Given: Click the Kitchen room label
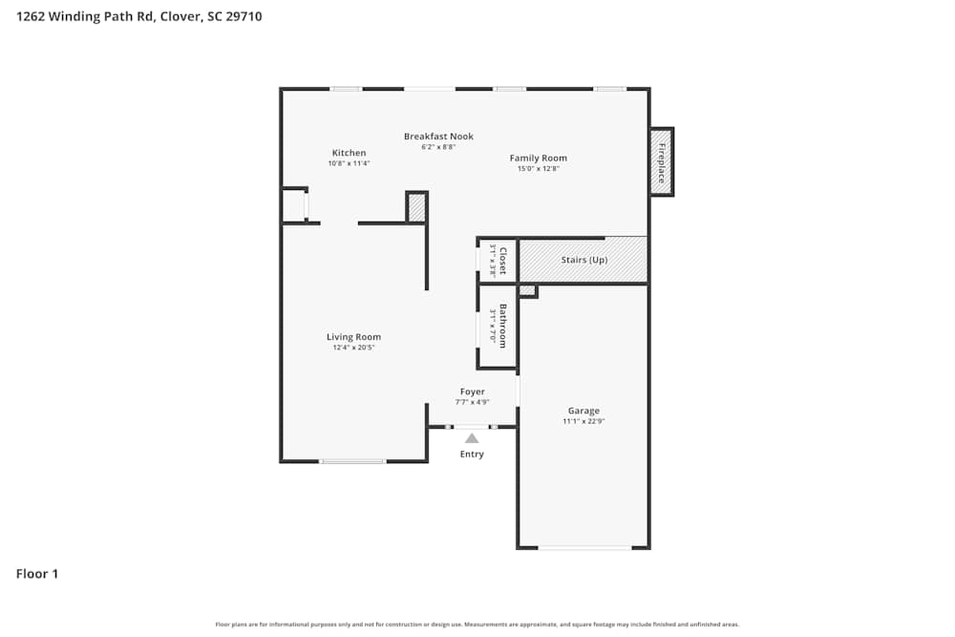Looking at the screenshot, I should click(x=349, y=153).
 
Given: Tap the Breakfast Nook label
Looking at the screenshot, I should click(x=438, y=137).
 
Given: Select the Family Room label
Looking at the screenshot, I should click(x=538, y=159).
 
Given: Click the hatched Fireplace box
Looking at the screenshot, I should click(x=661, y=162).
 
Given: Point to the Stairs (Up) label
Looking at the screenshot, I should click(x=584, y=260).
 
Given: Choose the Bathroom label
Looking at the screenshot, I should click(x=502, y=326).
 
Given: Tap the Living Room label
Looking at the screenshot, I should click(x=353, y=337).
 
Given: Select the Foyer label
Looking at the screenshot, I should click(x=472, y=392).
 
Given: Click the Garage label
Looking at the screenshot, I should click(x=584, y=411).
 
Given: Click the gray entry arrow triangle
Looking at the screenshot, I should click(x=472, y=438).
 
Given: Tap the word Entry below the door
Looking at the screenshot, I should click(x=472, y=455).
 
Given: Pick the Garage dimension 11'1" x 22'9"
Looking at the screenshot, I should click(x=584, y=421).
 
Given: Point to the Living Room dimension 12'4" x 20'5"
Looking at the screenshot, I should click(x=353, y=348).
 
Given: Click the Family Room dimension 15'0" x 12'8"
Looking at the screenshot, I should click(x=538, y=169).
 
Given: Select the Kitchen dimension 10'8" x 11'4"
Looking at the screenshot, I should click(x=349, y=163).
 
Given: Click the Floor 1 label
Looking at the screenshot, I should click(x=37, y=574).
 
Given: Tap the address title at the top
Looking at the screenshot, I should click(x=139, y=16).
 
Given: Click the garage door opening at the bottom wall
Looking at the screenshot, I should click(x=584, y=548).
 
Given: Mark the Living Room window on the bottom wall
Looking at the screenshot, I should click(x=352, y=461).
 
